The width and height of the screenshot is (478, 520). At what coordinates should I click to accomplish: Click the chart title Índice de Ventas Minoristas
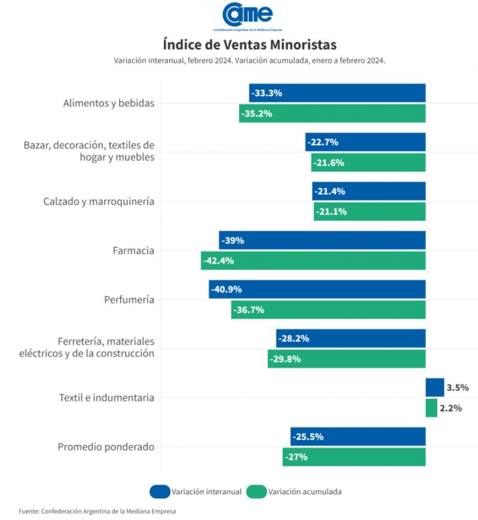tap(250, 45)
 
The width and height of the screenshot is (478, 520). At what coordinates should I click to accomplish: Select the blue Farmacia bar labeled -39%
tap(322, 240)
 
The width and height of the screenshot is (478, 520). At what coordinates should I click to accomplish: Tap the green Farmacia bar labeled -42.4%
tap(313, 261)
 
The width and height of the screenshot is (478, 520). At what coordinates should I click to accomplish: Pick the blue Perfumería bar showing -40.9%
tap(317, 289)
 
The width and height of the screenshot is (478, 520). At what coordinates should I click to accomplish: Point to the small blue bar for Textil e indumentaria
tap(434, 387)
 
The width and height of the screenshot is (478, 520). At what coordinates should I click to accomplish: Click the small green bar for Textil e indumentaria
tap(431, 408)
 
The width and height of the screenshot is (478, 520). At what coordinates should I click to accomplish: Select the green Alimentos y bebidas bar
tap(332, 114)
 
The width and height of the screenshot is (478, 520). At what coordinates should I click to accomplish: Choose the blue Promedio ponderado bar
tap(358, 436)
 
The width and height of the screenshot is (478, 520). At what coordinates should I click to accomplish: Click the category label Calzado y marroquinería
tap(99, 201)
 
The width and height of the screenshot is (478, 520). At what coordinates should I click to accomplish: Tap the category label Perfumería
tap(129, 299)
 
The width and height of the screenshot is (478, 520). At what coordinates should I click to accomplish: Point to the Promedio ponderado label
tap(106, 446)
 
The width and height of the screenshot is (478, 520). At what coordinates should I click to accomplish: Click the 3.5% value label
tap(457, 387)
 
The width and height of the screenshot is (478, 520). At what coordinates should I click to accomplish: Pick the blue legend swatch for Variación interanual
tap(160, 491)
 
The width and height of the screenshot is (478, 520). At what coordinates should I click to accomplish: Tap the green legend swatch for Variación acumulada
tap(256, 491)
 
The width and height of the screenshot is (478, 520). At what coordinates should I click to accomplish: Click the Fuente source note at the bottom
tap(97, 511)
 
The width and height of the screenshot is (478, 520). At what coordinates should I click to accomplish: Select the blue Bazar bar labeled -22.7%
tap(365, 142)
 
